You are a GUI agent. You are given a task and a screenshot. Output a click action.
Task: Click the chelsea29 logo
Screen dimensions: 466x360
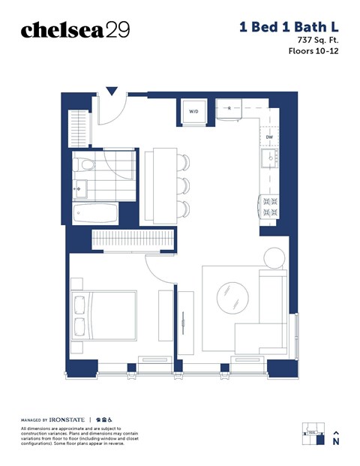(75, 30)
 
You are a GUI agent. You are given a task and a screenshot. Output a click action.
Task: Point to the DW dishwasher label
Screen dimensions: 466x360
(269, 137)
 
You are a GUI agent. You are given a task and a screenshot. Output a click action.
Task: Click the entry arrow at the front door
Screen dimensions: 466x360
(112, 92)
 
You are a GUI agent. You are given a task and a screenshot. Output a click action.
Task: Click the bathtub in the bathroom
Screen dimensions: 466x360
(95, 212)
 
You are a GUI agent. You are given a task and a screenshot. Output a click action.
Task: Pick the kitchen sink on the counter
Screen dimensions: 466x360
(268, 158)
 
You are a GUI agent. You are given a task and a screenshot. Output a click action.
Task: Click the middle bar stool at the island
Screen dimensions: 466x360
(184, 184)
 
